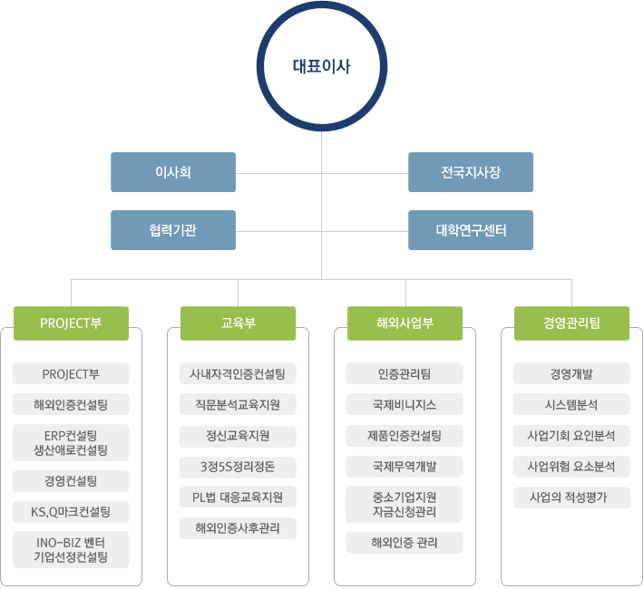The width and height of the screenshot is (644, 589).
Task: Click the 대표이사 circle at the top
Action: (x=321, y=65)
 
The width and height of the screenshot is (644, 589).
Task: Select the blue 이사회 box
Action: (x=173, y=172)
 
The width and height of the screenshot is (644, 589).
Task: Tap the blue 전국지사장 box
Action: (x=471, y=172)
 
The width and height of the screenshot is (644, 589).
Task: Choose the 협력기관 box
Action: (x=173, y=230)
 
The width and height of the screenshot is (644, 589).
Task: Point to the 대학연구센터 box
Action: (x=471, y=230)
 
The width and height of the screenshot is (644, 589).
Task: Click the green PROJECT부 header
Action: (x=71, y=323)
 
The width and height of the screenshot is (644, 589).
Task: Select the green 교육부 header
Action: (x=238, y=323)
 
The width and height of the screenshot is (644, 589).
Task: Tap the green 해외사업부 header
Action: (x=405, y=323)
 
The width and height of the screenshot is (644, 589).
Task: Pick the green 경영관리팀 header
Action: (x=571, y=323)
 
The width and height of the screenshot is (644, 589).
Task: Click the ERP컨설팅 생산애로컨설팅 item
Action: (x=71, y=442)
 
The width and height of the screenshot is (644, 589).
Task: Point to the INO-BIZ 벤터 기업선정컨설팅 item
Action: (x=71, y=550)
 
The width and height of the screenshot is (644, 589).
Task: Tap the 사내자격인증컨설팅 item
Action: (x=238, y=373)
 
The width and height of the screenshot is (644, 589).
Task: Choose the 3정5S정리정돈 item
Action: (x=238, y=467)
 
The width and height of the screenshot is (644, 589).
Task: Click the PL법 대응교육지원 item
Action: (x=238, y=497)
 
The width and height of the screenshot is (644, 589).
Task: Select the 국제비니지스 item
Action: (x=405, y=404)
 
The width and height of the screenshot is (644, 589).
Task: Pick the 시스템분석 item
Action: (x=571, y=404)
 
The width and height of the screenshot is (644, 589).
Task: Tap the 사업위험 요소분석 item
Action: (x=571, y=467)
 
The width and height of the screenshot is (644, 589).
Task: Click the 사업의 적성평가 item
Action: (x=571, y=497)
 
